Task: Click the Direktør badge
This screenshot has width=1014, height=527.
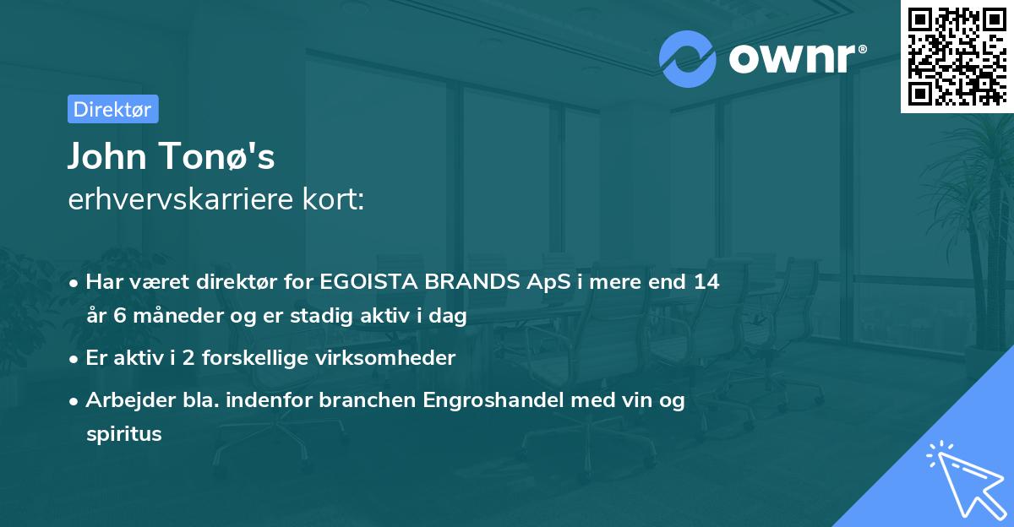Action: (112, 109)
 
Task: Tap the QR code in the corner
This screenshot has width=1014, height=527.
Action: (956, 56)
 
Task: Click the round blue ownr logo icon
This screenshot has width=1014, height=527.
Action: (688, 59)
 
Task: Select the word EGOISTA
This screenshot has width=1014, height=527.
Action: (372, 282)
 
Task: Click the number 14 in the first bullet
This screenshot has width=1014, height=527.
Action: (706, 282)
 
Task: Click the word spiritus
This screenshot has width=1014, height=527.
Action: (123, 435)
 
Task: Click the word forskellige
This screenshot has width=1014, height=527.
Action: (251, 358)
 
